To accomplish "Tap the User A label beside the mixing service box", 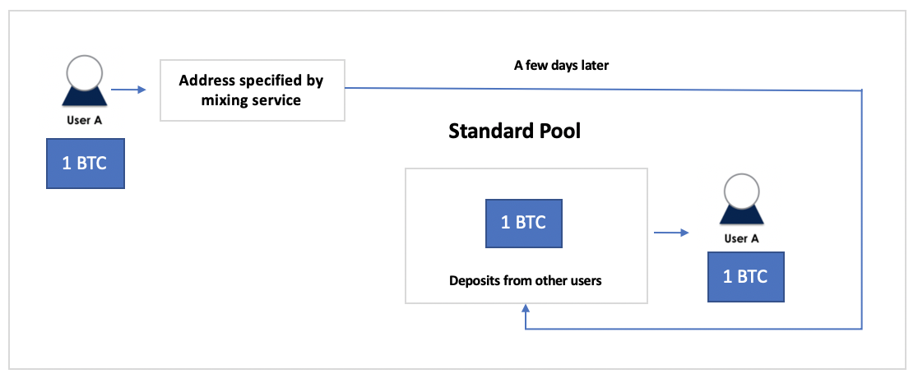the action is coord(86,121).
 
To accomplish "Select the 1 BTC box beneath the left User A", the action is coord(86,163).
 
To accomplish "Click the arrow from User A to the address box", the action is coord(128,90).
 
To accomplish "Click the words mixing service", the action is coord(251,100).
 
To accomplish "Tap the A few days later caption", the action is coord(562,66).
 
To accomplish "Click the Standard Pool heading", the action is coord(515,132).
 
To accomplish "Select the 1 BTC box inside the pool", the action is coord(523,223).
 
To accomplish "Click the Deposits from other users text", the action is coord(525,280).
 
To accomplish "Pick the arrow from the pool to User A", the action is coord(671,233).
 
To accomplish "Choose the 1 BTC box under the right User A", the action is coord(745,277).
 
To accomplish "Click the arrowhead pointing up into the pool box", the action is coord(526,308).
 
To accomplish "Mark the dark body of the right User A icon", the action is coord(741,215).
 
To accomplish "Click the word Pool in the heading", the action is coord(557,132).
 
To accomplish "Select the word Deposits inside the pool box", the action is coord(471,281).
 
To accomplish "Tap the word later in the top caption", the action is coord(595,66).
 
